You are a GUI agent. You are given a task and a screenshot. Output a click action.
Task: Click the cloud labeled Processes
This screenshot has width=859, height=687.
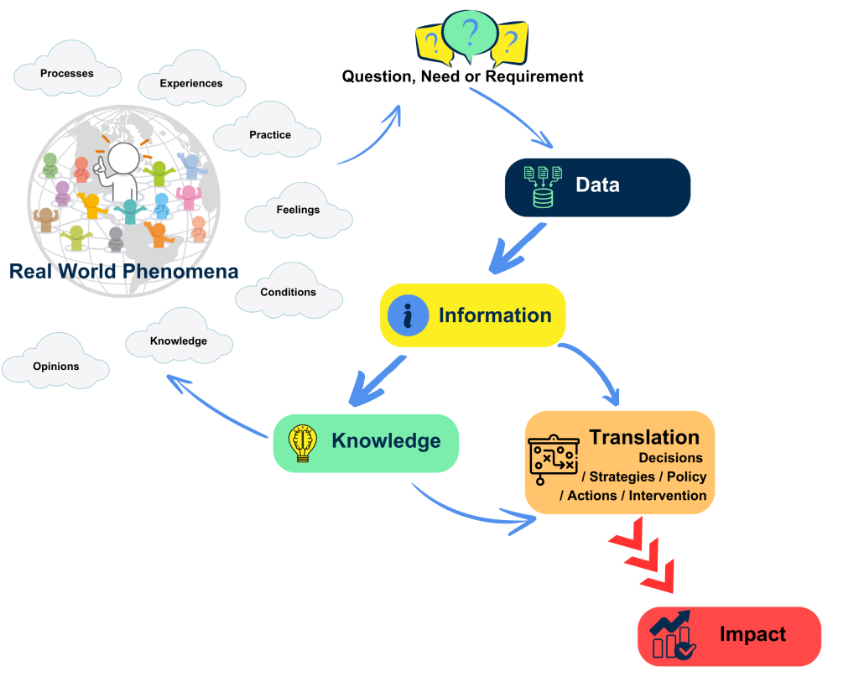[x=67, y=74]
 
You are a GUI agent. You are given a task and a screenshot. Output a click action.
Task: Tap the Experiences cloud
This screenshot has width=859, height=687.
[x=191, y=84]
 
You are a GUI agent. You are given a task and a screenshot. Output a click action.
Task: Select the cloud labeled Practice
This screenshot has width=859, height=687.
[x=269, y=134]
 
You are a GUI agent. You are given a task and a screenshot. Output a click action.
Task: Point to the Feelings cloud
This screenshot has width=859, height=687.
[x=298, y=210]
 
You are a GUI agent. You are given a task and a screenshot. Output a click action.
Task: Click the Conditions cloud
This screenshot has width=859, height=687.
[x=288, y=293]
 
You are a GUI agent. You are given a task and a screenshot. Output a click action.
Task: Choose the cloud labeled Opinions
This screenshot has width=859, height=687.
[x=56, y=367]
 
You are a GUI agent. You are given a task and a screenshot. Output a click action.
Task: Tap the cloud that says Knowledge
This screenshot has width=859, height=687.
[x=178, y=341]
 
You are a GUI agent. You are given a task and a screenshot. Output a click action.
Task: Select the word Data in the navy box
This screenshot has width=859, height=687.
[x=597, y=185]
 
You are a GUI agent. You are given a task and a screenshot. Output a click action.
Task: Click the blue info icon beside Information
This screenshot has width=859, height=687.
[x=409, y=316]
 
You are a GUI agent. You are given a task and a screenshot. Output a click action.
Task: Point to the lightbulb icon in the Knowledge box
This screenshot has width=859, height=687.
[x=302, y=443]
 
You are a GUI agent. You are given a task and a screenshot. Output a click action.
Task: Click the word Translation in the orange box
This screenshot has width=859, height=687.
[x=643, y=437]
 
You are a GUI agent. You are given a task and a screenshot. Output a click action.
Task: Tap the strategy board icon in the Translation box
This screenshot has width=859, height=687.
[x=553, y=461]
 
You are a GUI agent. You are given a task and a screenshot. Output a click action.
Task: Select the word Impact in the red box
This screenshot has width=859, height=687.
[x=752, y=634]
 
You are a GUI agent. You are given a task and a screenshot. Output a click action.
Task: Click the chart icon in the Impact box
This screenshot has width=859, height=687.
[x=673, y=635]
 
